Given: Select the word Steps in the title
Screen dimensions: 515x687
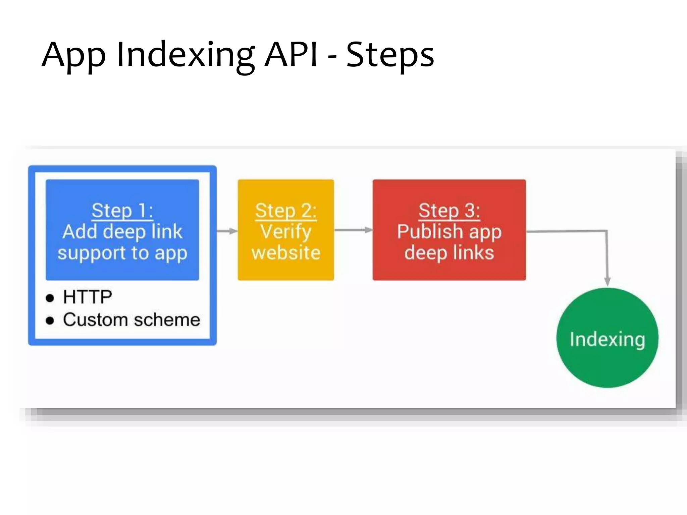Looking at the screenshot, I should [390, 55].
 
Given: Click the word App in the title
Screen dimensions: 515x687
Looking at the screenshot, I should [73, 55].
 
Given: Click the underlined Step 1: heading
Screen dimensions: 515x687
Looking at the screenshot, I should [122, 211].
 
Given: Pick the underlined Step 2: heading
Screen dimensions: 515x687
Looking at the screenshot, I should [285, 211].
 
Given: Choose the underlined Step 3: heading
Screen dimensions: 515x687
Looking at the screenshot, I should [449, 211].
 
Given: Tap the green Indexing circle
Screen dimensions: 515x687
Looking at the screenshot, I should [607, 338].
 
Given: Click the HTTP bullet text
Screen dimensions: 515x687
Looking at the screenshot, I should [88, 297].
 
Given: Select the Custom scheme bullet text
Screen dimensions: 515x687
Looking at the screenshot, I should [131, 320].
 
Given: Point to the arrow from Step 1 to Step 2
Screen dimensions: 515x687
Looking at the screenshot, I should [227, 231].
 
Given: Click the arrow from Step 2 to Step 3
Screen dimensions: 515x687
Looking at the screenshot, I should [353, 230].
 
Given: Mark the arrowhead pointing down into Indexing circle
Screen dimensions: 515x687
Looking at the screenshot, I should [607, 281].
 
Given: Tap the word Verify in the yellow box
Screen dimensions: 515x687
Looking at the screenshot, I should [286, 232].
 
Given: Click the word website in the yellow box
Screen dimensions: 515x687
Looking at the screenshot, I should [286, 252].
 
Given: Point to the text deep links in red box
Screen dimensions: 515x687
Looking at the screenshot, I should [449, 252].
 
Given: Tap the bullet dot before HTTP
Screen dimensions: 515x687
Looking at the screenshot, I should [50, 298].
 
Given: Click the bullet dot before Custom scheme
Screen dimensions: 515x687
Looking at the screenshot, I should [50, 321].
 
